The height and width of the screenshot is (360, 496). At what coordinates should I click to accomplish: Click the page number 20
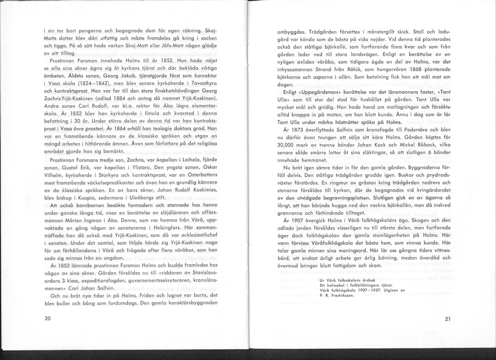48,318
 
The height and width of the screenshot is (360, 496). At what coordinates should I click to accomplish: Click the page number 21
447,319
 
